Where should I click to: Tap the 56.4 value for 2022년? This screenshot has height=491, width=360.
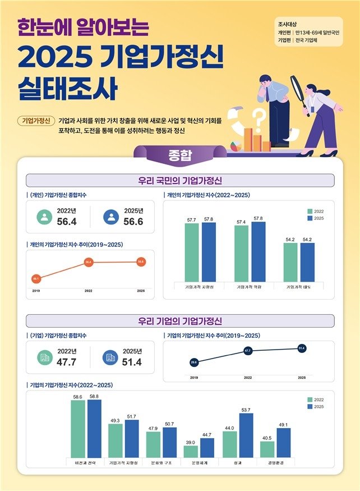pyautogui.click(x=67, y=222)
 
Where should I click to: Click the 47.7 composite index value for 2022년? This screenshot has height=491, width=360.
pyautogui.click(x=67, y=362)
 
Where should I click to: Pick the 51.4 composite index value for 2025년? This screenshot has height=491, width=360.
pyautogui.click(x=132, y=362)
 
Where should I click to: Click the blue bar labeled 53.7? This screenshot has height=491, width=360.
pyautogui.click(x=246, y=435)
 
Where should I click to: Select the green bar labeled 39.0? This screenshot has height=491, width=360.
pyautogui.click(x=191, y=451)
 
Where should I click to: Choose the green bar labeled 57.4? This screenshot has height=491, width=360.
pyautogui.click(x=241, y=253)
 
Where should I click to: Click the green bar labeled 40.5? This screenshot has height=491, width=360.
pyautogui.click(x=267, y=449)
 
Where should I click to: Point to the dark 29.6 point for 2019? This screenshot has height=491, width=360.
pyautogui.click(x=194, y=362)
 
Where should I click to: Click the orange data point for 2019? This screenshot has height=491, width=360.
pyautogui.click(x=36, y=278)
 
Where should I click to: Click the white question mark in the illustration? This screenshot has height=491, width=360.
pyautogui.click(x=259, y=118)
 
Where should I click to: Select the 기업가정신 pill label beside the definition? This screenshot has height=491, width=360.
pyautogui.click(x=35, y=121)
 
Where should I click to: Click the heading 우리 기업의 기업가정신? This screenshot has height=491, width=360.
pyautogui.click(x=180, y=321)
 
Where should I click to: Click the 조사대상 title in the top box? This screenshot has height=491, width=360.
pyautogui.click(x=288, y=25)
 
